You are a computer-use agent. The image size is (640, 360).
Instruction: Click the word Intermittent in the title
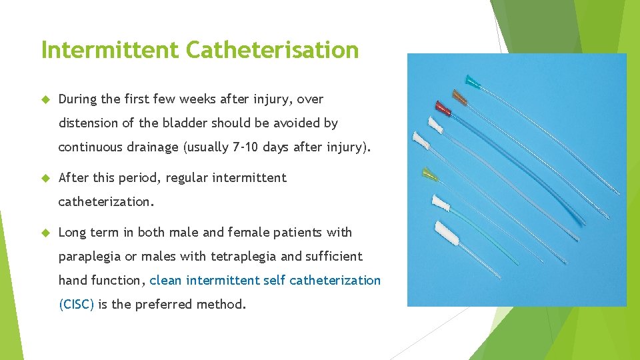pos(110,50)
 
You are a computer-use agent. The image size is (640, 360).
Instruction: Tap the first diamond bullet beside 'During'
pos(46,100)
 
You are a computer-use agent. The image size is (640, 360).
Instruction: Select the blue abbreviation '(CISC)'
pos(77,305)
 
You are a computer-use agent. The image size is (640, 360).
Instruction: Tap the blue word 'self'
pos(275,281)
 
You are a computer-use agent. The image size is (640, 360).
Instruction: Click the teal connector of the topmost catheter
pos(473,82)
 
